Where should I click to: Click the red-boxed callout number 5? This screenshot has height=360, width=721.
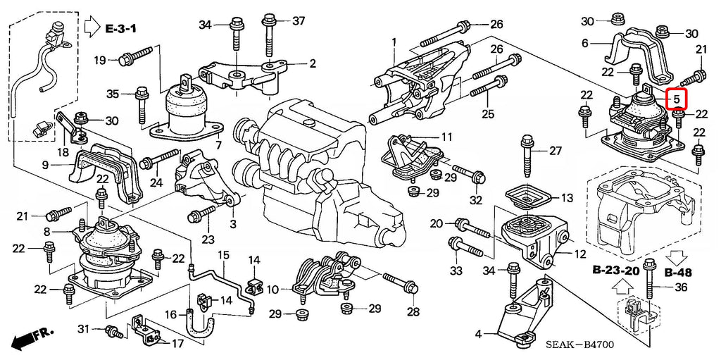[677, 98]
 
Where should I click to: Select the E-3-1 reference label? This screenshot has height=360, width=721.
[121, 29]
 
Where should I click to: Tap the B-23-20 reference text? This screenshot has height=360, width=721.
[616, 271]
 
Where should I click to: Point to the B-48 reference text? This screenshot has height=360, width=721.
[678, 273]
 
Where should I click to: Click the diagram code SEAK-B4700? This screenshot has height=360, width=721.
[579, 345]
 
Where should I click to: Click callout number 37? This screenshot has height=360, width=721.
[299, 20]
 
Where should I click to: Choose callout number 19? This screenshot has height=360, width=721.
[100, 60]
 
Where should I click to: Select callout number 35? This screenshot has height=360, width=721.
[113, 94]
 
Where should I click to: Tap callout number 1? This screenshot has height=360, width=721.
[394, 42]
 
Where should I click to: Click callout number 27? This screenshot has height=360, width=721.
[556, 151]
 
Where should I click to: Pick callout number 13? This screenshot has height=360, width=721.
[567, 199]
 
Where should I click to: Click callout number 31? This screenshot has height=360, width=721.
[83, 329]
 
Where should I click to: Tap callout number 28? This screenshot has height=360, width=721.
[413, 313]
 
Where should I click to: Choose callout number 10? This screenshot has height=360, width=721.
[272, 290]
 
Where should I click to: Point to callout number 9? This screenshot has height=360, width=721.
[45, 164]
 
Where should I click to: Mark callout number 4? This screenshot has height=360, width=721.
[478, 334]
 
